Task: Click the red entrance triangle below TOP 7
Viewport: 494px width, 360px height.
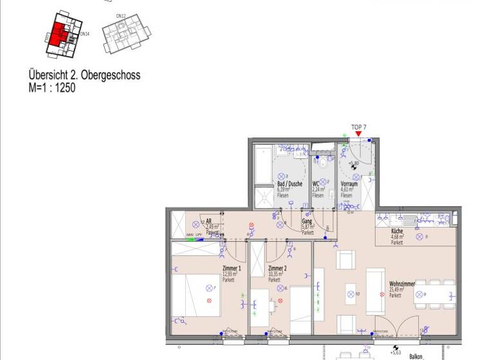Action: (x=358, y=134)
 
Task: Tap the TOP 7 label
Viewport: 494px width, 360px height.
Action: (x=358, y=127)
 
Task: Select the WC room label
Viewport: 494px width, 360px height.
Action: (x=316, y=184)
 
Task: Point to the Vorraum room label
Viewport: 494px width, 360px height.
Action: (x=349, y=184)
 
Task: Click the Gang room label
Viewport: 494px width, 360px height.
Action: (x=307, y=221)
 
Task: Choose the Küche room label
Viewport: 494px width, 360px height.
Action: (x=398, y=231)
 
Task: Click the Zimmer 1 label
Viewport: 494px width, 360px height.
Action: (x=232, y=268)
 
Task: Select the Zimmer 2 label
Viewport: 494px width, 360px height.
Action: (x=277, y=268)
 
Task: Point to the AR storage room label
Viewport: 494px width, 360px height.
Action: (x=208, y=221)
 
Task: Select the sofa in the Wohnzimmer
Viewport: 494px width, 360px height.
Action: (x=374, y=291)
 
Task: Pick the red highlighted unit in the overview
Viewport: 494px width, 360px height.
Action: (x=59, y=32)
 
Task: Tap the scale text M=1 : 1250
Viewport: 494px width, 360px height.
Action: (x=52, y=88)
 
